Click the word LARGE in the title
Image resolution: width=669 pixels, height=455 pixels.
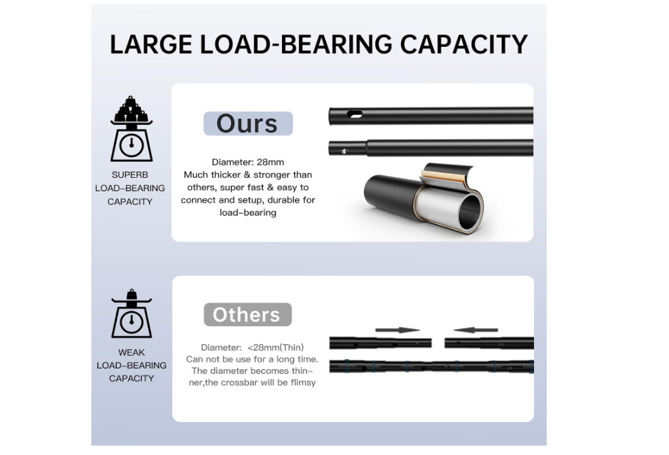click(151, 44)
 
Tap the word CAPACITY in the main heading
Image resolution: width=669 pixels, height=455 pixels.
click(463, 44)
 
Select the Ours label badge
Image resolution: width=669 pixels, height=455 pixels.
click(248, 123)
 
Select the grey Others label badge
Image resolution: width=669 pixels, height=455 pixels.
click(247, 315)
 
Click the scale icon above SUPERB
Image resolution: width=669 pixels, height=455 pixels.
click(132, 129)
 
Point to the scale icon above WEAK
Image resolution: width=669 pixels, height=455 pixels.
click(132, 313)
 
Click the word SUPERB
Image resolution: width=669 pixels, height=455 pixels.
click(130, 175)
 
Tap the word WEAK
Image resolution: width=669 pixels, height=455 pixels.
click(132, 352)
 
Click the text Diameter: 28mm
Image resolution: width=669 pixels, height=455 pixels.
click(248, 162)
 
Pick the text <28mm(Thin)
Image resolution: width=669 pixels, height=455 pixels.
click(275, 348)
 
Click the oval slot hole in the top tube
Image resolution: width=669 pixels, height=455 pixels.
click(355, 114)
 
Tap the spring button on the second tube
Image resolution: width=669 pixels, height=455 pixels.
click(345, 151)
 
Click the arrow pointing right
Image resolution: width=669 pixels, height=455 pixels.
click(398, 330)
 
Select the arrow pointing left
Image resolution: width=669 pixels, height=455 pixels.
click(476, 330)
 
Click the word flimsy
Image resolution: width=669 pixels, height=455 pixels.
click(304, 383)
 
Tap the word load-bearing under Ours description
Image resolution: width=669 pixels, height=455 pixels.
click(248, 212)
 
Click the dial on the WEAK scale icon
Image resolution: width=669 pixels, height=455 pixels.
click(132, 321)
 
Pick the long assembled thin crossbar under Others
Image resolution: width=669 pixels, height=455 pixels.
click(431, 366)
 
